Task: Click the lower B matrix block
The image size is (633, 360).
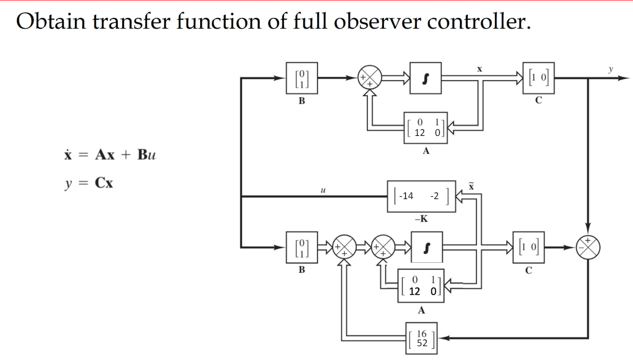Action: (x=301, y=247)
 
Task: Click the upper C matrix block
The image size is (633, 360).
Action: (x=538, y=78)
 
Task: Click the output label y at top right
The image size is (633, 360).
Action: (x=611, y=68)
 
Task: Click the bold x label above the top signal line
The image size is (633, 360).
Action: (x=480, y=68)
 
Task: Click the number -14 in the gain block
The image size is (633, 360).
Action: (x=407, y=196)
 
